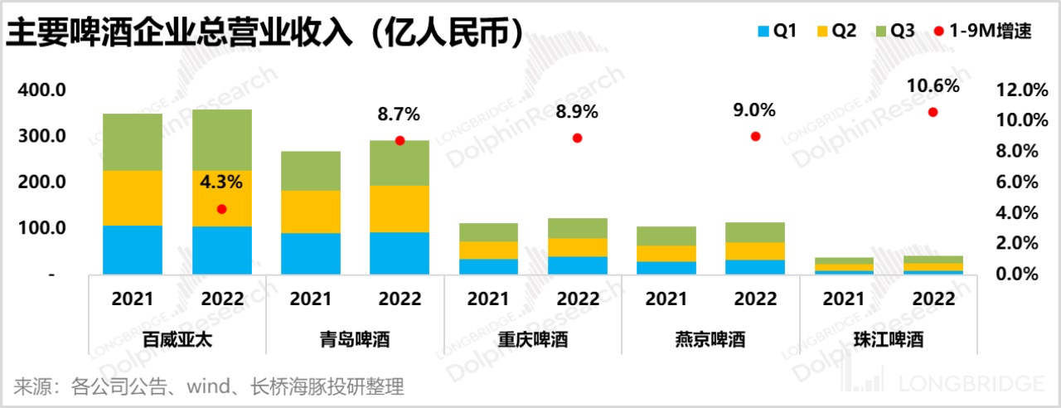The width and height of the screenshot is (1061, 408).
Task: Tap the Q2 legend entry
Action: pos(836,32)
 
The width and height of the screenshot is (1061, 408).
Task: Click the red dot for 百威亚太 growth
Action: pos(221,209)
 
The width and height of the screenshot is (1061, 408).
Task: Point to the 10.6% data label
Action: pos(933,85)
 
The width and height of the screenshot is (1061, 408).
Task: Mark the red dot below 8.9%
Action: pos(577,138)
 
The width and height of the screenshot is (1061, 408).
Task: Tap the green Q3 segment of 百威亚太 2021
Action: pos(133,142)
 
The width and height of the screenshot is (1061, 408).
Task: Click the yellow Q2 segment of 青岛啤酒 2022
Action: pos(400,208)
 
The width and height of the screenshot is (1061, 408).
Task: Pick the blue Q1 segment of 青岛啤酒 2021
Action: pos(311,253)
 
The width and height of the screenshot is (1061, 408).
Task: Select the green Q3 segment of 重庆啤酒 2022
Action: pos(577,228)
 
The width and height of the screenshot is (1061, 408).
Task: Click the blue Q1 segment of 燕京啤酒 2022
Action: pos(755,266)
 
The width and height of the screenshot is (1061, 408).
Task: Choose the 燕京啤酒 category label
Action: pos(710,339)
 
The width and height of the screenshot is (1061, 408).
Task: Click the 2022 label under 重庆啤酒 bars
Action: pos(577,299)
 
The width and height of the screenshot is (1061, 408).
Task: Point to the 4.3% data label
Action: pos(221,182)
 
